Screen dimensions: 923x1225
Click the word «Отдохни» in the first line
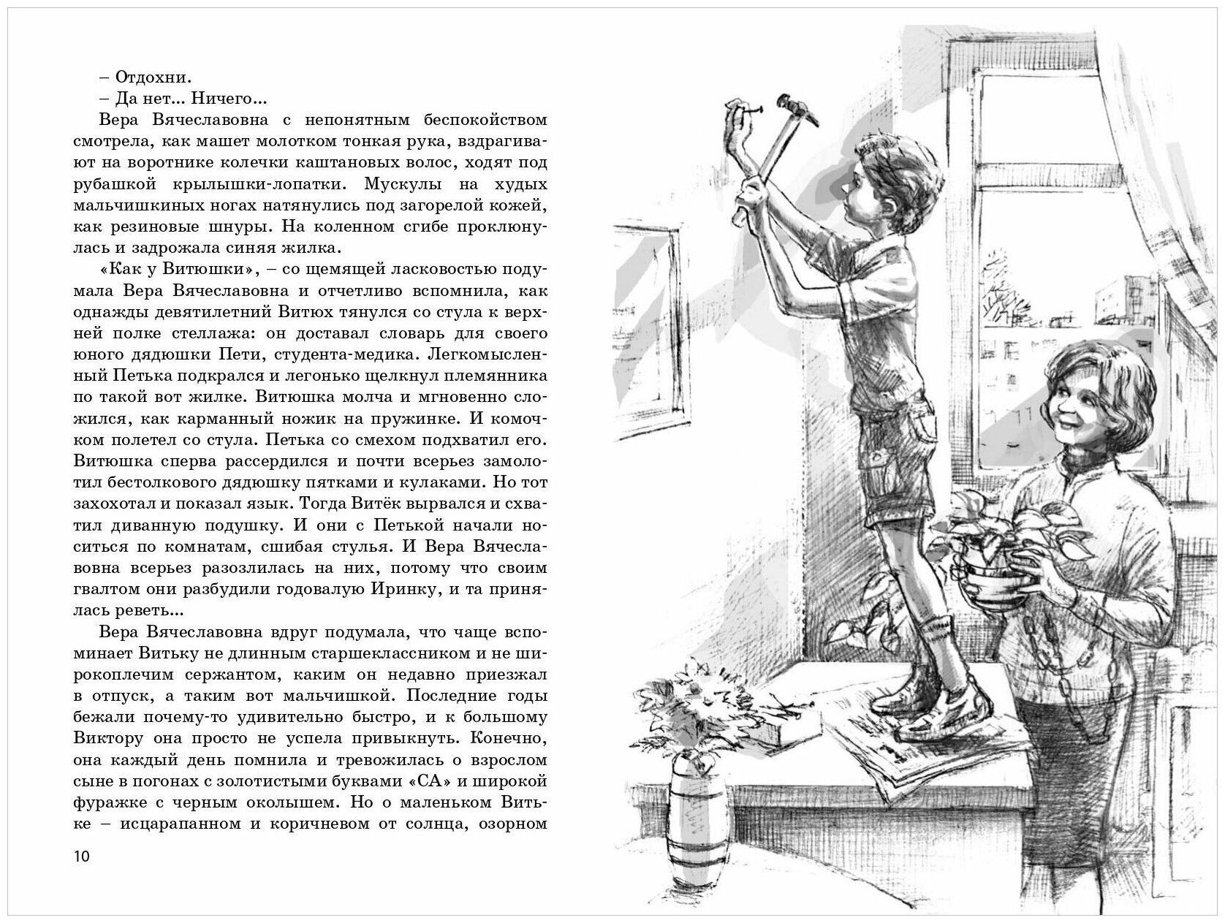143,77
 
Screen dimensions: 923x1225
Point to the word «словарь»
398,333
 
